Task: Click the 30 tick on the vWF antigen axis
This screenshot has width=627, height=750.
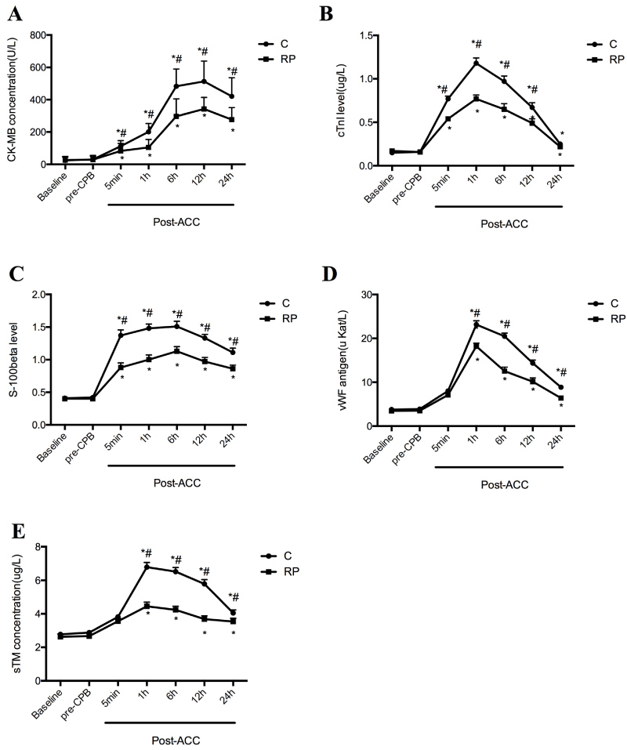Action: click(x=371, y=295)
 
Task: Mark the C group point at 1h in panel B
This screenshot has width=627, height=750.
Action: click(x=475, y=62)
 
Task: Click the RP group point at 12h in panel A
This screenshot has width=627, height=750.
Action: click(x=205, y=108)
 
